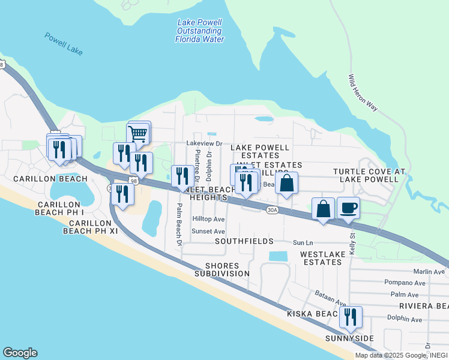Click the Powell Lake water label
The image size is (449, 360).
click(63, 44)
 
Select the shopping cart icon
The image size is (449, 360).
click(138, 133)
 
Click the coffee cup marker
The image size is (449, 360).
click(349, 208)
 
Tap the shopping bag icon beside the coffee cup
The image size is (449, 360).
click(323, 209)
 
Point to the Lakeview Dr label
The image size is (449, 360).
click(204, 144)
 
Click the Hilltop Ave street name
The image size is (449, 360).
click(208, 220)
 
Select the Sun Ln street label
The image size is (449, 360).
click(303, 243)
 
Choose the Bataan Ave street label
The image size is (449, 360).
click(331, 298)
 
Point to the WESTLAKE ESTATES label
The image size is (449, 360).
click(323, 258)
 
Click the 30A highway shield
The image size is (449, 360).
click(273, 210)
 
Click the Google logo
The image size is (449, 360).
click(20, 353)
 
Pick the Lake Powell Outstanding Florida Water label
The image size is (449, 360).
click(199, 31)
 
